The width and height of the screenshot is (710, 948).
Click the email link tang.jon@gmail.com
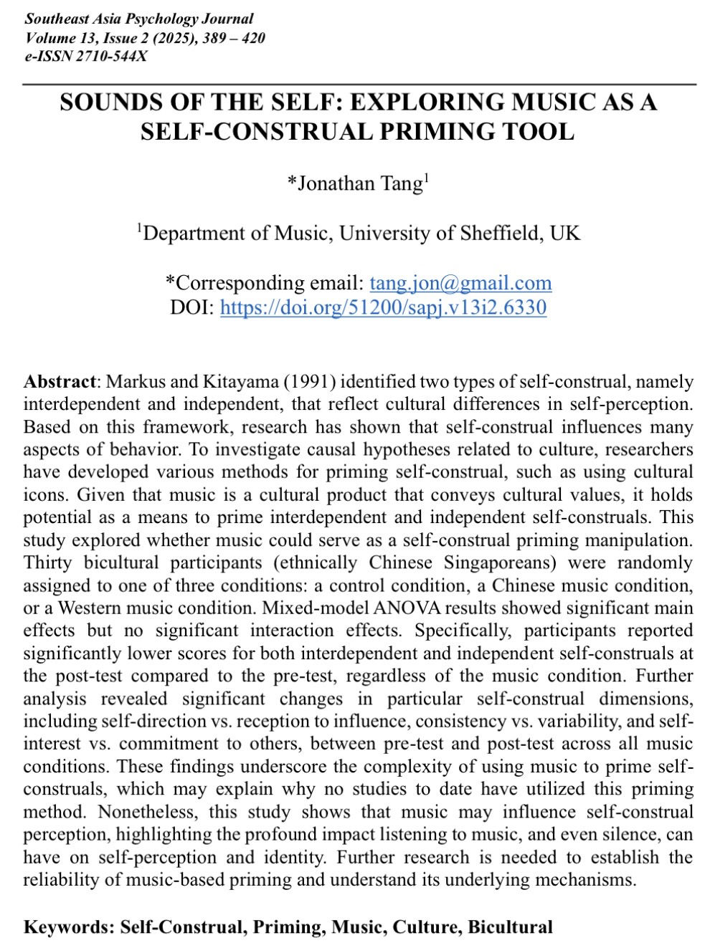click(x=460, y=283)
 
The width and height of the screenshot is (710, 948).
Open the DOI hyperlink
click(x=383, y=307)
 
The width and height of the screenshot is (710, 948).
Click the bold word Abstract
click(x=59, y=381)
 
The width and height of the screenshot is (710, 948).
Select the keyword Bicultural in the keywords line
click(x=510, y=927)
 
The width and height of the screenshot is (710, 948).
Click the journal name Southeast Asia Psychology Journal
click(x=139, y=19)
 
